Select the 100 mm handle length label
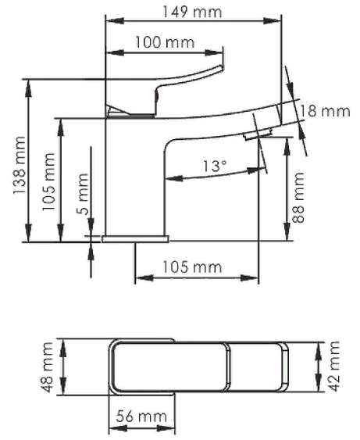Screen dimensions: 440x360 tap(165, 42)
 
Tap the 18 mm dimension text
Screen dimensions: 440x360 tap(325, 111)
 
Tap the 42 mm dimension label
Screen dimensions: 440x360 tap(335, 366)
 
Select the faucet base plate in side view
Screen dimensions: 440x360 tap(135, 237)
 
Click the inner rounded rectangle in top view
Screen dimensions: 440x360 tap(172, 371)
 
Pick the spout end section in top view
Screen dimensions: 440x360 tap(258, 371)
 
